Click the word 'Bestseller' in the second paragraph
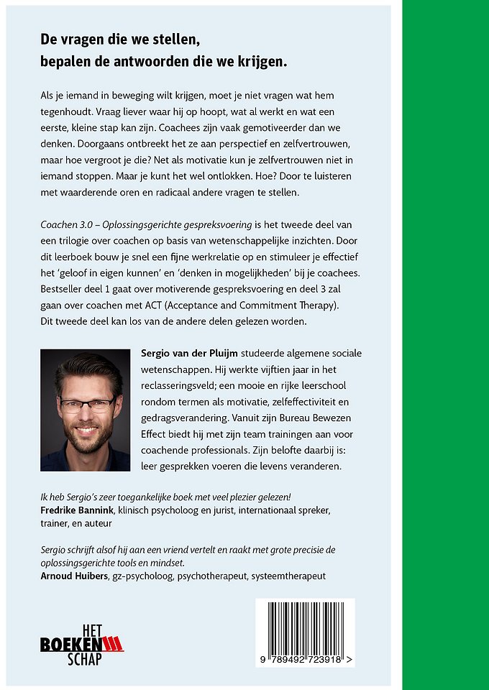tap(65, 290)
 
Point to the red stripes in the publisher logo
tap(111, 645)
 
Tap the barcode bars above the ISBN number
tap(306, 625)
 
